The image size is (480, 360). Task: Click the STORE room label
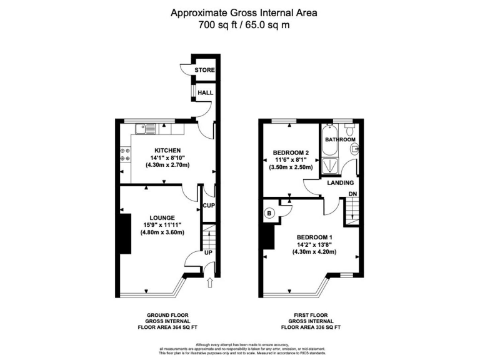click(204, 71)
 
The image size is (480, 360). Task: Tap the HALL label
click(205, 92)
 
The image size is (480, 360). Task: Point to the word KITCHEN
click(167, 150)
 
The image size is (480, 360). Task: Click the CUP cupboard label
click(209, 205)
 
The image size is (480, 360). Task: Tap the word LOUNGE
click(161, 217)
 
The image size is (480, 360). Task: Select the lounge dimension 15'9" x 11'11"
click(161, 225)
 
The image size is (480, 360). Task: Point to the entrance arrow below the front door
click(209, 283)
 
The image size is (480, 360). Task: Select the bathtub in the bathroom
click(328, 139)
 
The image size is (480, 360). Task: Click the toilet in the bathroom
click(354, 149)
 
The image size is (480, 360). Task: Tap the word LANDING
click(341, 183)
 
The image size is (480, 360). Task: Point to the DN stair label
click(352, 194)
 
